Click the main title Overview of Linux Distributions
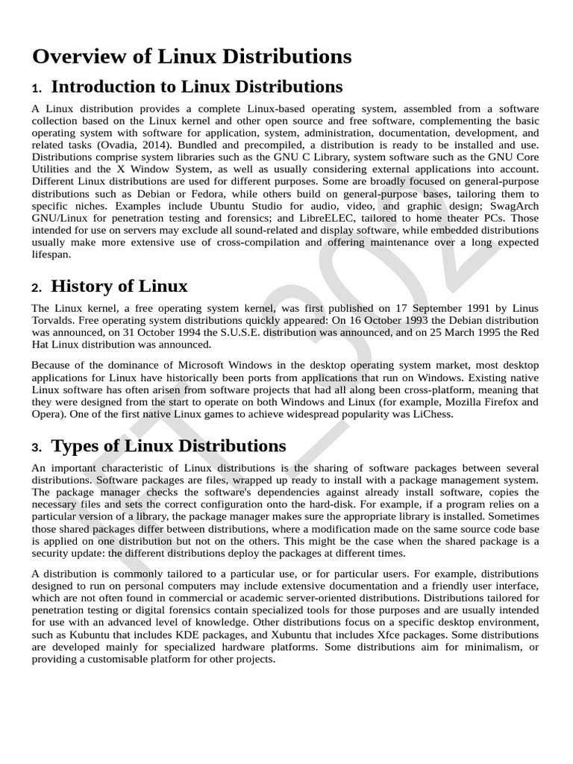191,57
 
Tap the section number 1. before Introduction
37,89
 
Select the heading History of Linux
119,286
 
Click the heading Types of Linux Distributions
168,446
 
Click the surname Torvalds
54,320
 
